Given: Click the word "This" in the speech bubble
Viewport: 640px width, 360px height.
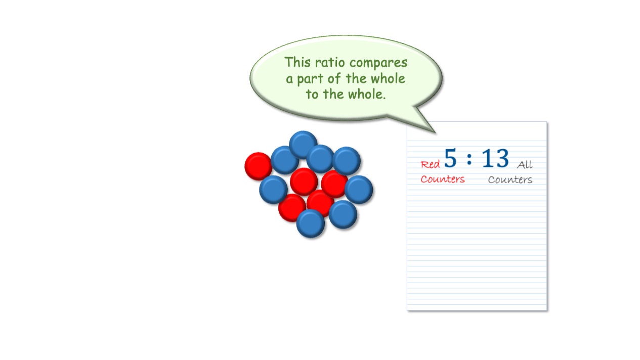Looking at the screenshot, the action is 297,62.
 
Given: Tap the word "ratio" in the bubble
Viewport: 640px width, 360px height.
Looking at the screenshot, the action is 330,63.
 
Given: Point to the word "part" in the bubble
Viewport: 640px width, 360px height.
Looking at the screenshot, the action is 310,79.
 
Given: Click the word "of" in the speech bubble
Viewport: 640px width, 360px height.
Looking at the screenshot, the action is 334,78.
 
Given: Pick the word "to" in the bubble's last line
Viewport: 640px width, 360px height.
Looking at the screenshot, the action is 312,95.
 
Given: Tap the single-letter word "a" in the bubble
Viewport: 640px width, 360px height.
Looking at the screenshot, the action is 289,80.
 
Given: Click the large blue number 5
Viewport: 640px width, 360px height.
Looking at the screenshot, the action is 451,158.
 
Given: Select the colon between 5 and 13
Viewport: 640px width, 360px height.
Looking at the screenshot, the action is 469,159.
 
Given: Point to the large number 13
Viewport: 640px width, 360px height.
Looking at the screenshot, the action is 495,158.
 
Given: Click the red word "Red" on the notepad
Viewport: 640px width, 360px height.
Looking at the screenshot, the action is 430,164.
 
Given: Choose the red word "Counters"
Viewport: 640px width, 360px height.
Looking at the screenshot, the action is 443,179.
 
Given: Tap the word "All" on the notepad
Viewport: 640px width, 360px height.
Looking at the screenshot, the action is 525,164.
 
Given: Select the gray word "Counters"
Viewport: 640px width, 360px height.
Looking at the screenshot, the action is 510,179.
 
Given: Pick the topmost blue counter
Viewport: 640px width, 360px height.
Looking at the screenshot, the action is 303,145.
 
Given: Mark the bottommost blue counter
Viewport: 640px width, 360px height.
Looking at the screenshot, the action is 311,223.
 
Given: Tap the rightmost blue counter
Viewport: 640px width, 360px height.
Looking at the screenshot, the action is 359,190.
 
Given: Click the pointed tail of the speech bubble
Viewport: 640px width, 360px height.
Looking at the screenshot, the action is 435,132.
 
